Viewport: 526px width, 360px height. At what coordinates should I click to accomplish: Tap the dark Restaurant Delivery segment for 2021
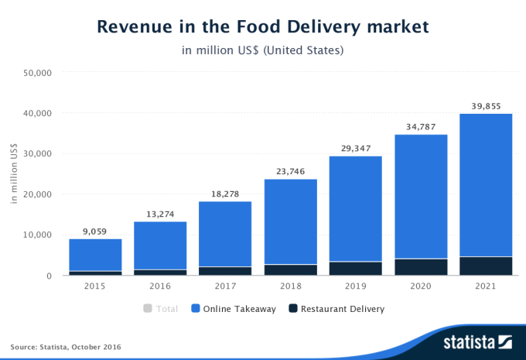pyautogui.click(x=487, y=266)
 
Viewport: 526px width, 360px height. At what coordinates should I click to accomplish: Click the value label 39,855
pyautogui.click(x=487, y=106)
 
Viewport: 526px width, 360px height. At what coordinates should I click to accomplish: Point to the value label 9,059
pyautogui.click(x=94, y=231)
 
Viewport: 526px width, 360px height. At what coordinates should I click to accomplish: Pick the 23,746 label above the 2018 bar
pyautogui.click(x=290, y=171)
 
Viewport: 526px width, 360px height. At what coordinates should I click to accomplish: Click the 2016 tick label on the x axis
pyautogui.click(x=159, y=286)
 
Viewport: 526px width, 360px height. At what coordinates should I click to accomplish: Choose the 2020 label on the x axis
pyautogui.click(x=421, y=286)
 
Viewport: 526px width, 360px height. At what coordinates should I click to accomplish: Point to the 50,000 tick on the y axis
pyautogui.click(x=37, y=73)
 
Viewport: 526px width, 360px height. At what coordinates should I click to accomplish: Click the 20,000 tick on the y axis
pyautogui.click(x=37, y=194)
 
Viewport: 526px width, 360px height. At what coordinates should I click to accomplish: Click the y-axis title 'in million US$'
pyautogui.click(x=15, y=174)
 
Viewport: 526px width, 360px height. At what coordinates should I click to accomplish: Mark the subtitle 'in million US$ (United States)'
pyautogui.click(x=262, y=51)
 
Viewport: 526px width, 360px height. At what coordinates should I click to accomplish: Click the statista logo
pyautogui.click(x=477, y=341)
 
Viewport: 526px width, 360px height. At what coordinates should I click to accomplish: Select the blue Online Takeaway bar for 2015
pyautogui.click(x=94, y=255)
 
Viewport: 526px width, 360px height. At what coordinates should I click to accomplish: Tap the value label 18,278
pyautogui.click(x=225, y=193)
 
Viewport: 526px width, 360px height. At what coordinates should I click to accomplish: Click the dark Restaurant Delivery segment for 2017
pyautogui.click(x=225, y=271)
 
